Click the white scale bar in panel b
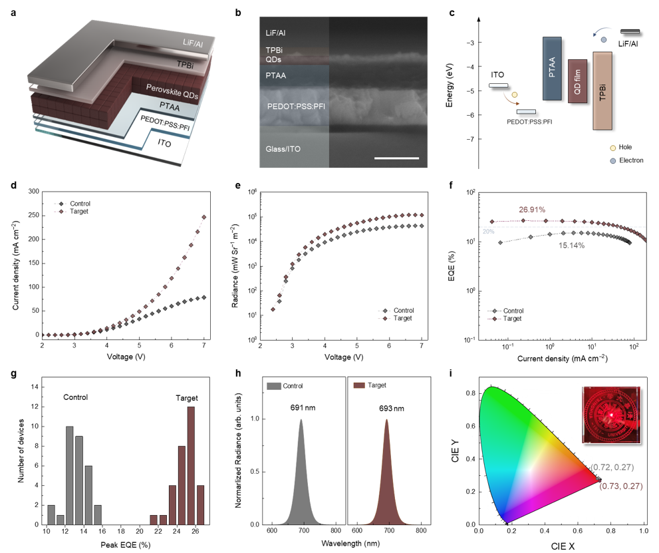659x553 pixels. click(397, 158)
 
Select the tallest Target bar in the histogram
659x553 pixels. click(191, 465)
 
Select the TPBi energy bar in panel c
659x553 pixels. click(602, 91)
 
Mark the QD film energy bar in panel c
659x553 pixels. click(577, 81)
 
